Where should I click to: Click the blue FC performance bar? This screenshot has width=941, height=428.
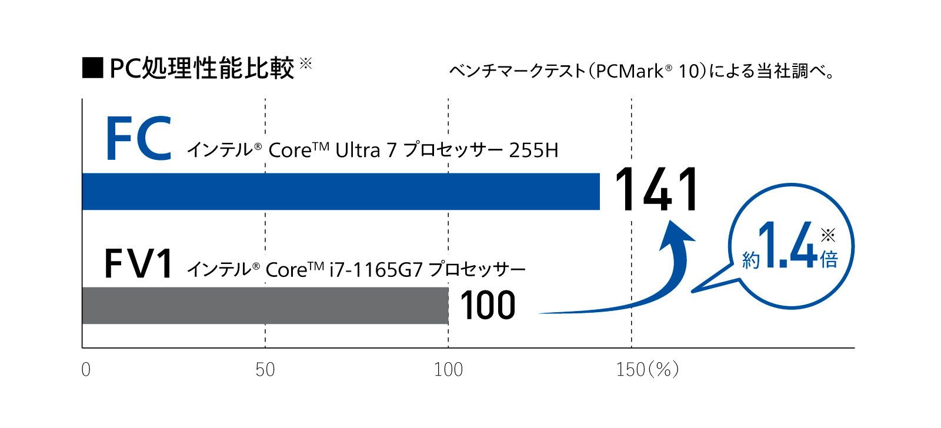point(341,191)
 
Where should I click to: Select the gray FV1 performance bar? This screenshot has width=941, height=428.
point(265,305)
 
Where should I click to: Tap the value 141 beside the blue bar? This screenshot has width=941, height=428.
point(656,189)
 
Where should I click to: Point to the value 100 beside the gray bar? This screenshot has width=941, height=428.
point(488,306)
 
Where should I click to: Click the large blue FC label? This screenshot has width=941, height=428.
point(139,139)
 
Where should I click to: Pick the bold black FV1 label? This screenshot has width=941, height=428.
point(139,263)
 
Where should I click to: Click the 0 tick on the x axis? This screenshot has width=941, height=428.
point(86,370)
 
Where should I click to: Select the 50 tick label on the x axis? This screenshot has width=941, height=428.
point(265,370)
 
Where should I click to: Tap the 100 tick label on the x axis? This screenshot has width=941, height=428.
point(448,370)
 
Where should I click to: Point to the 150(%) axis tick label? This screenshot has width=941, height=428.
point(647,370)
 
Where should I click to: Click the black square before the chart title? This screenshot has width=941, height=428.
point(93,68)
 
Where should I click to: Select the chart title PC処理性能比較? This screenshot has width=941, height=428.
point(202,68)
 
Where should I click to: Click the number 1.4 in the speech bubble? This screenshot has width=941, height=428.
point(788,246)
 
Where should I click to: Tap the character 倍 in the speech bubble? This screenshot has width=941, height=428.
point(829,259)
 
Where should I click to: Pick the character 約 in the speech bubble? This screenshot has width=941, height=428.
point(751,260)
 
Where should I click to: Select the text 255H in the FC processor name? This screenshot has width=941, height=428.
point(533,151)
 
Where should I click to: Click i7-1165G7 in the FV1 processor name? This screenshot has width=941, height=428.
point(376,270)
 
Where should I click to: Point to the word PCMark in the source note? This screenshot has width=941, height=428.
point(633,71)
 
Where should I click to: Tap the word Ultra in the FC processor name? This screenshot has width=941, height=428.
point(358,151)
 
